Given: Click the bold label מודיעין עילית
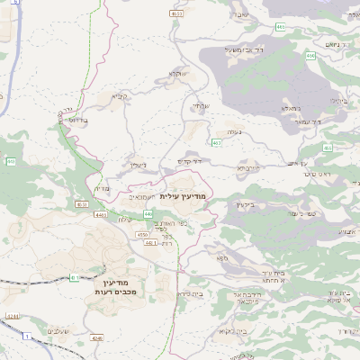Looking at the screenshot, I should (x=183, y=195).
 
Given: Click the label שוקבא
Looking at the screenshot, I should (x=176, y=75).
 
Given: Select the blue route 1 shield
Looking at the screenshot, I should (x=27, y=335).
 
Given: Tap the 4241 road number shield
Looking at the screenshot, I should (x=13, y=317).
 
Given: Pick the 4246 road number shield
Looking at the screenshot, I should (x=97, y=338).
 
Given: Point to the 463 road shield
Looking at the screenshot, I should (x=217, y=142).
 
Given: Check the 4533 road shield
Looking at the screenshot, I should (x=176, y=14).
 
